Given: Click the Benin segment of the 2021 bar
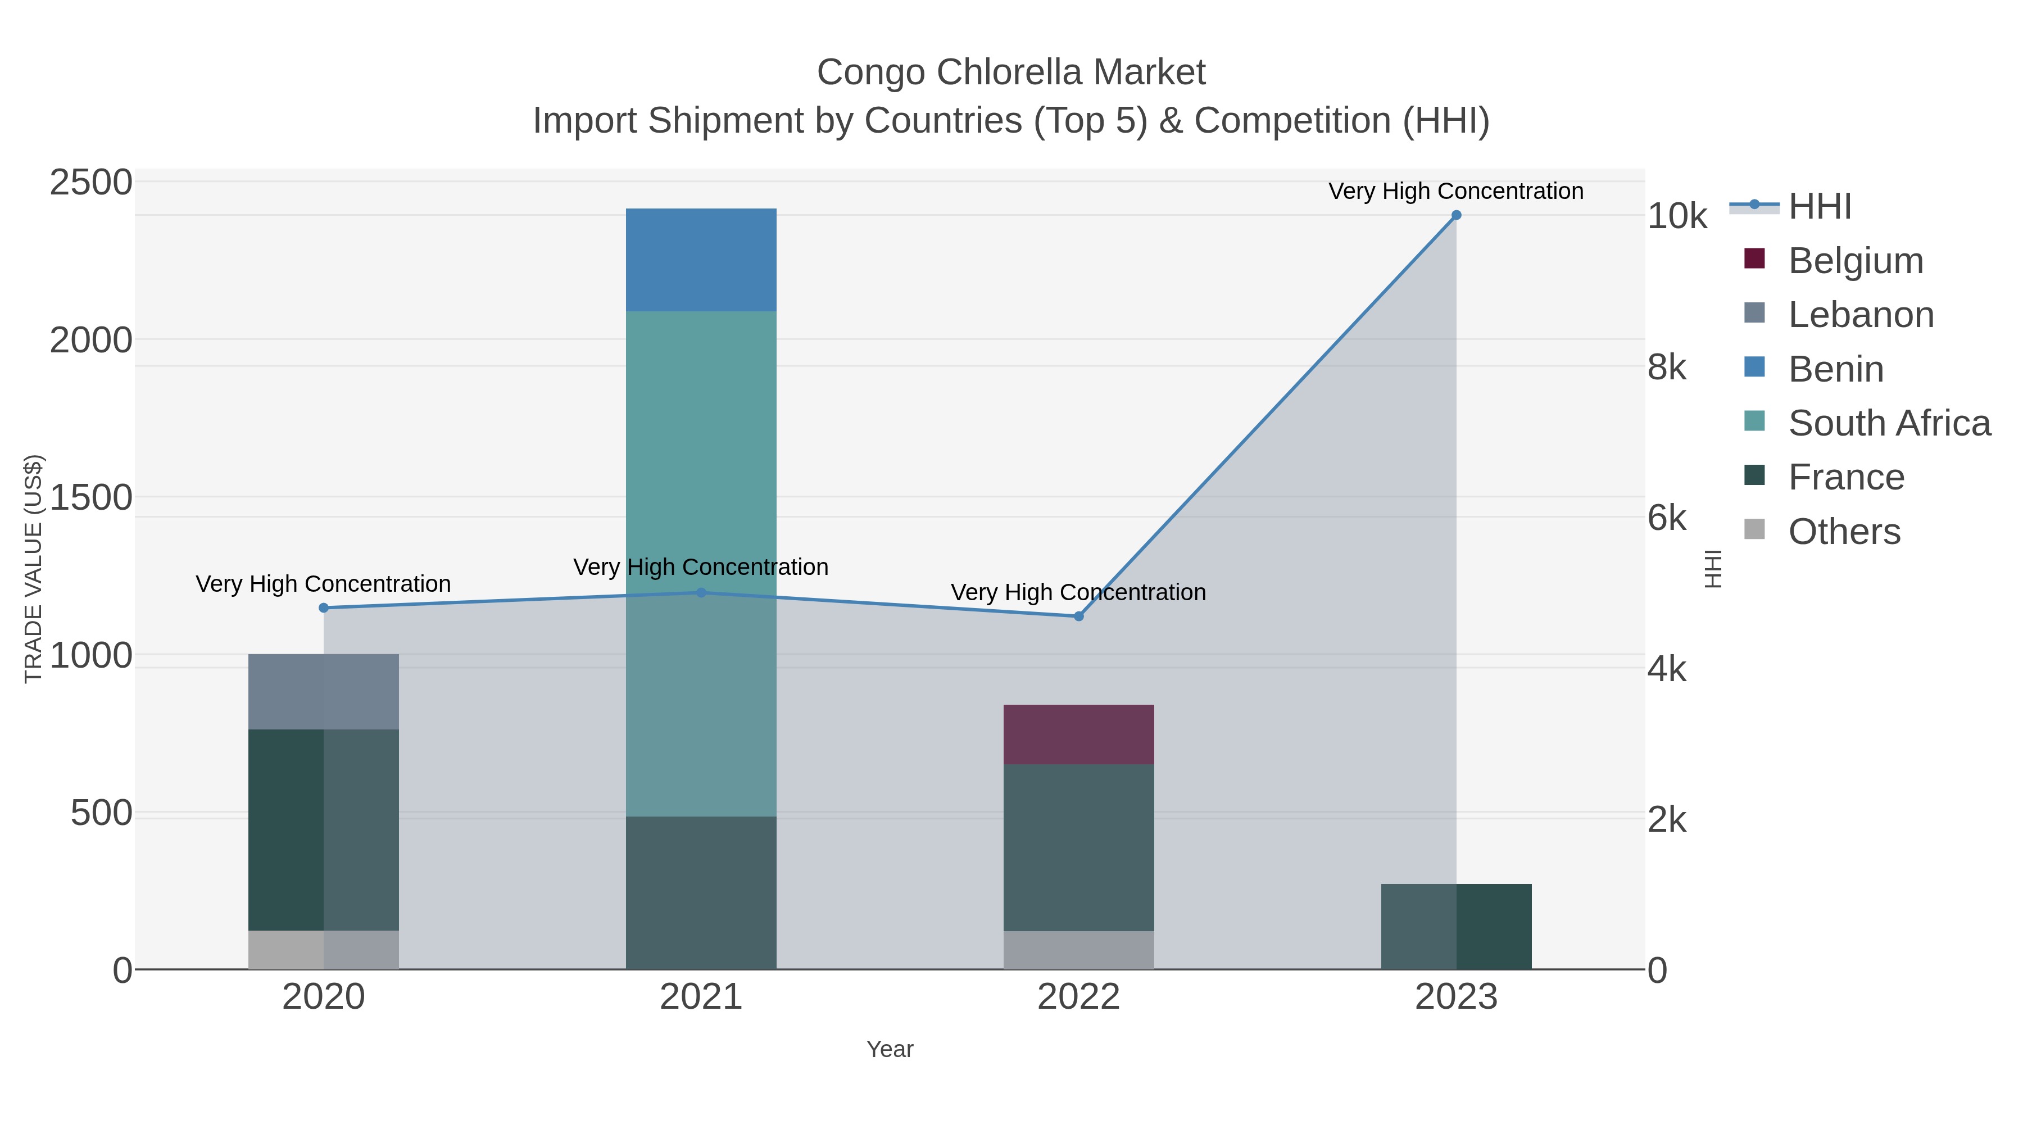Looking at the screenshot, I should tap(701, 260).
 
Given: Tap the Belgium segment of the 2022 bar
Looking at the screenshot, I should tap(1078, 735).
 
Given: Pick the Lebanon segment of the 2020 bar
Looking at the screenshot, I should tap(323, 691).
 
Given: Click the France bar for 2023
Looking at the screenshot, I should tap(1456, 926).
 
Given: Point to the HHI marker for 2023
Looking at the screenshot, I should tap(1456, 215).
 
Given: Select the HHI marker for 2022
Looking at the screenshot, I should tap(1078, 616).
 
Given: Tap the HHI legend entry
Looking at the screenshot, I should tap(1819, 207).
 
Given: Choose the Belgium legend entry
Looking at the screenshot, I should tap(1855, 261).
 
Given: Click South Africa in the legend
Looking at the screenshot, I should tap(1889, 423).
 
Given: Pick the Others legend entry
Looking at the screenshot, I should tap(1843, 532).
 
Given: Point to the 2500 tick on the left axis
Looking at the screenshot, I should tap(91, 183).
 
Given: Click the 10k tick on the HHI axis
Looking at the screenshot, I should tap(1677, 217).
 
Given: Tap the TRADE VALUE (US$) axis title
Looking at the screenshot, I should tap(33, 569).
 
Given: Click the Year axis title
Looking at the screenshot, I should tap(889, 1049).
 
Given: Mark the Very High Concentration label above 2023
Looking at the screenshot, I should tap(1455, 191).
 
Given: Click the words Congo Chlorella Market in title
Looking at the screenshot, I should tap(1011, 72).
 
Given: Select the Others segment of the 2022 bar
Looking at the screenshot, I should tap(1078, 950).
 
